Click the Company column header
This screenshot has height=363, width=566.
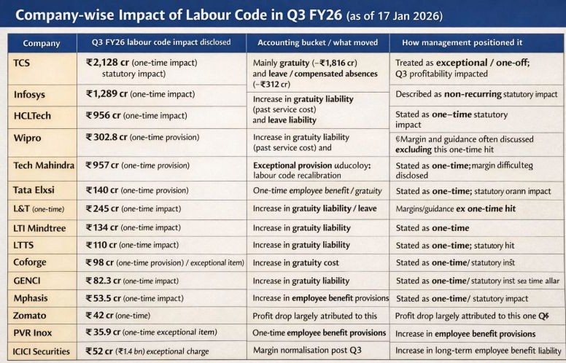point(41,43)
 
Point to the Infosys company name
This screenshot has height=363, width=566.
point(31,95)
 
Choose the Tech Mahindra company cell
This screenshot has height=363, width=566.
point(44,165)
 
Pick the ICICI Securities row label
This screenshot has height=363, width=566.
point(42,351)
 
